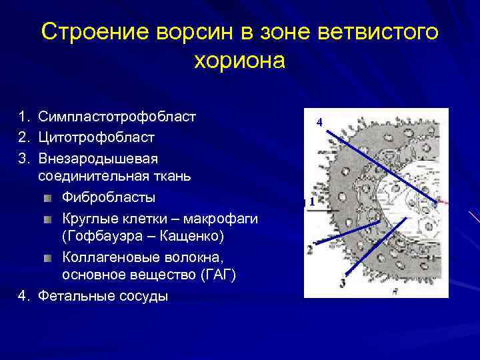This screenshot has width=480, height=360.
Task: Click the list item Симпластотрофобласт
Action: click(x=117, y=117)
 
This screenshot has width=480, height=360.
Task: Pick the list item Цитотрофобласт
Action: click(x=96, y=137)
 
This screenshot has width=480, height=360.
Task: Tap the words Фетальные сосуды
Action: click(x=103, y=296)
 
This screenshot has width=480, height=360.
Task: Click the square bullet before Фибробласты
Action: click(x=49, y=199)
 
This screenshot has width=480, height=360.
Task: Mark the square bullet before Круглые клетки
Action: click(x=49, y=219)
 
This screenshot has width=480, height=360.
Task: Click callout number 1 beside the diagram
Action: click(x=311, y=201)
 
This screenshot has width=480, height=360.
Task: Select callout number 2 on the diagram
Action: click(x=309, y=250)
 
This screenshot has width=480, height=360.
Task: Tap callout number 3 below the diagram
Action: click(x=342, y=283)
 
